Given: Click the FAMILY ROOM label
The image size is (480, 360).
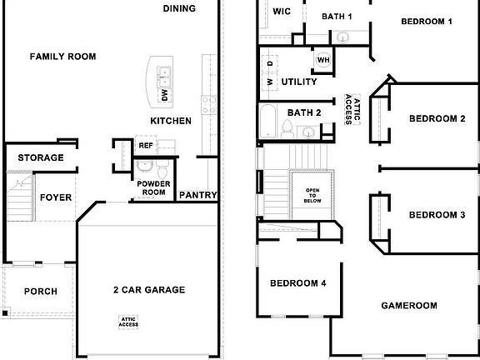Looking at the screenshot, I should click(62, 57).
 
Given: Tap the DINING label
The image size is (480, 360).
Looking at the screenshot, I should click(179, 9).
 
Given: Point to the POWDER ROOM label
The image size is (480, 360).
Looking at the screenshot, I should click(153, 187).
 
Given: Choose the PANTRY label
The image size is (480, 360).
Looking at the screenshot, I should click(198, 195).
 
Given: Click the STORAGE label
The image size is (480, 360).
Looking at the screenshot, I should click(41, 157).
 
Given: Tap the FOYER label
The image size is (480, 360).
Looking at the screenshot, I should click(56, 197).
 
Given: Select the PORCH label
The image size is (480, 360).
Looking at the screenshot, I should click(40, 292).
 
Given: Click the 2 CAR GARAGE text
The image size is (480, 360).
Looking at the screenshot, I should click(149, 290).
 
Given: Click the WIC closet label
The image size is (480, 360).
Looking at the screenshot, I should click(281, 12).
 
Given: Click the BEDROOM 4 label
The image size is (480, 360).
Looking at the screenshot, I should click(297, 284).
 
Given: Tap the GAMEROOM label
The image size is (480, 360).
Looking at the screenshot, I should click(409, 306).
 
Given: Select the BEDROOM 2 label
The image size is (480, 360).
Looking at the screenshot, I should click(437, 118).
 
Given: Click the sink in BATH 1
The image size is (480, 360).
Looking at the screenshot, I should click(342, 37).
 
